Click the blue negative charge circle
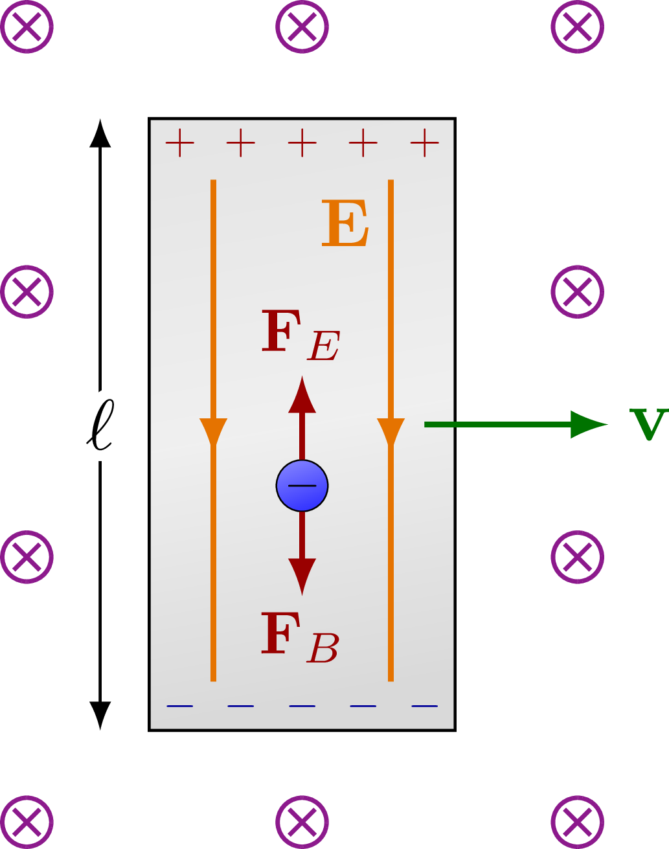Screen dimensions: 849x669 tap(302, 486)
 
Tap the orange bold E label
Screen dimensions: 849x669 tap(345, 224)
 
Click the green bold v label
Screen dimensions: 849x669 tap(648, 425)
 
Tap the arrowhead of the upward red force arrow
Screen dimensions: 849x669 tap(302, 395)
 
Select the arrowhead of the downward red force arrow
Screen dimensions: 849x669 tap(302, 576)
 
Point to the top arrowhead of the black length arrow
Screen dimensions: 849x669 tap(100, 133)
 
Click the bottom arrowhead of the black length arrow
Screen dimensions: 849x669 tap(100, 715)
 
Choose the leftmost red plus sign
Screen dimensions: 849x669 tap(179, 143)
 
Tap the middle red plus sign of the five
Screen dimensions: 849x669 tap(302, 143)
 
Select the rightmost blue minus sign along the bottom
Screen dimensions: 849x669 tap(424, 706)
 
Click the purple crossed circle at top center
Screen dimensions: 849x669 tap(302, 27)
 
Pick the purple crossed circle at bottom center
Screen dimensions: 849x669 tap(302, 822)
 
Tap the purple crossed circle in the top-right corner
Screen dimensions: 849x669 tap(577, 27)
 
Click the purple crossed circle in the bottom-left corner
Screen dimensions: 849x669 tap(27, 822)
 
